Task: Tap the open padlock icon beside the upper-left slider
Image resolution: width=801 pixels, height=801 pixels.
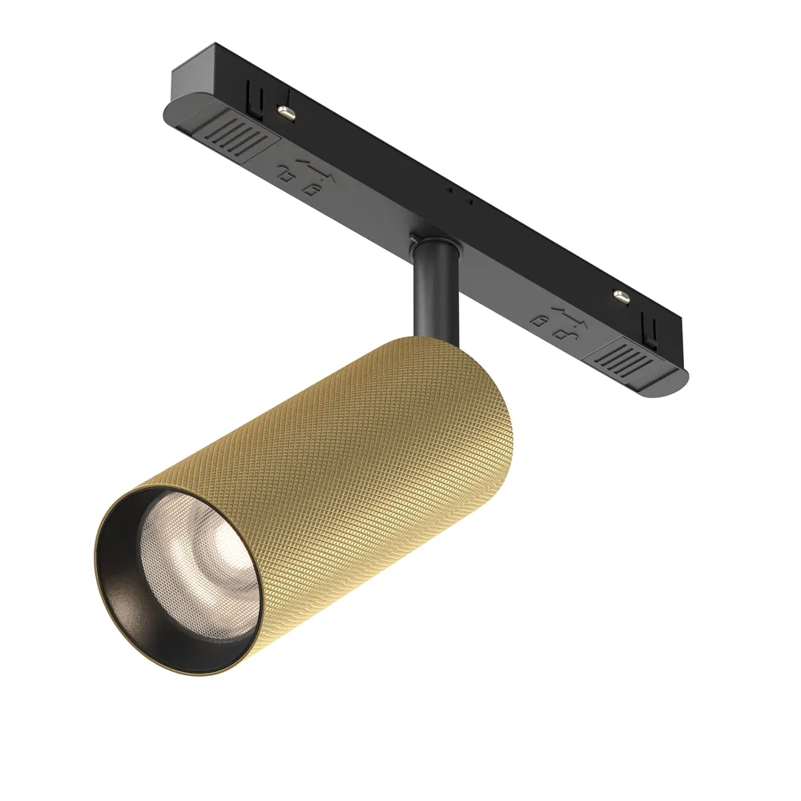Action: (286, 172)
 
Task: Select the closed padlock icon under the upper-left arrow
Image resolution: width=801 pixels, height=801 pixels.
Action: (313, 189)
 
